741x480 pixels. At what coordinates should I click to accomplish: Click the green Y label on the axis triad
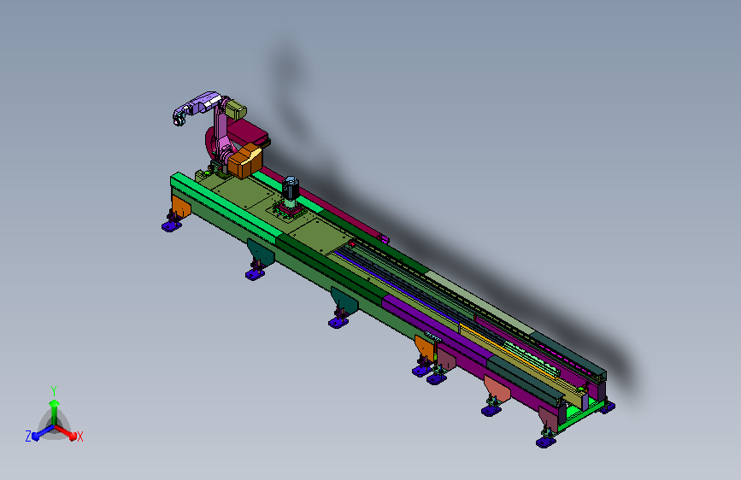53,391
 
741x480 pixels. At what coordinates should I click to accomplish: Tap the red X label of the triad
80,437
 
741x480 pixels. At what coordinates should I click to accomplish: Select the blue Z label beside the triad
28,436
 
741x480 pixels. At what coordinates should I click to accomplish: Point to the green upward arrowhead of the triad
55,403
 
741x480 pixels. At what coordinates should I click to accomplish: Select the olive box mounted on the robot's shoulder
236,109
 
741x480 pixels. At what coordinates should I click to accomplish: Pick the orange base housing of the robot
245,161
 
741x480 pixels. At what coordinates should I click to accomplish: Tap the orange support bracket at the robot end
180,207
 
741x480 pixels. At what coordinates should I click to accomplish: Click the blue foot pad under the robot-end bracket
172,227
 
